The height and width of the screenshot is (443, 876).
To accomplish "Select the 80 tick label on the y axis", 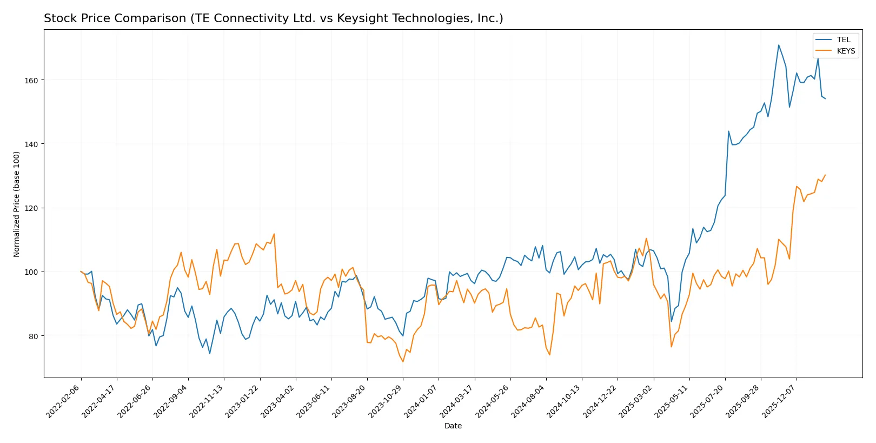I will point(32,336).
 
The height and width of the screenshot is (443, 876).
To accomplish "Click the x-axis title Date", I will point(453,426).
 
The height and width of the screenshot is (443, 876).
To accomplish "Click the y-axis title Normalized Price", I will point(16,204).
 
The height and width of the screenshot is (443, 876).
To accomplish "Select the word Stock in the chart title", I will point(58,18).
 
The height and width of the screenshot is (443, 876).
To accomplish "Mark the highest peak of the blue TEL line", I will point(779,45).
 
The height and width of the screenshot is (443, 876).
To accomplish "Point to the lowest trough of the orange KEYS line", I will point(403,362).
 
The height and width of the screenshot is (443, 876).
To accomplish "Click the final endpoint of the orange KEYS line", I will point(825,175).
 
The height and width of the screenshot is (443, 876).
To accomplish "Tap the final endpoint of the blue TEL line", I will point(825,98).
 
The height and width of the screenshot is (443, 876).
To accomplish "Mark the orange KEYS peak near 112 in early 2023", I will point(274,234).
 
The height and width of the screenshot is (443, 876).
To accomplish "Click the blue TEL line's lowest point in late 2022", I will point(210,354).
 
